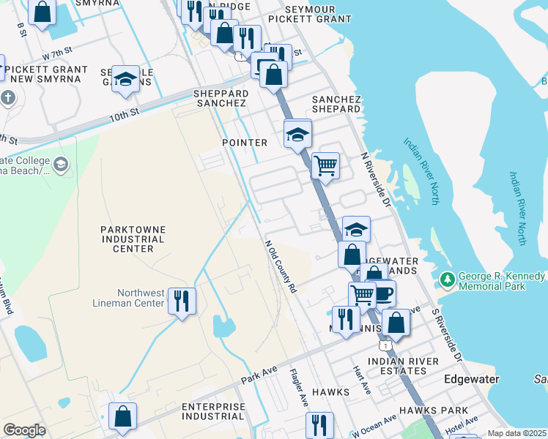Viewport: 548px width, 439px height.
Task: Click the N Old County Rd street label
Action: tap(280, 268)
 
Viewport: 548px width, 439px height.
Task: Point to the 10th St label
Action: tap(124, 115)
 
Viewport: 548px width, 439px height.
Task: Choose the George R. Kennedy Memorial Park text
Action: tap(502, 282)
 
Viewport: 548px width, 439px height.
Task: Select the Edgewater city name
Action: tap(472, 380)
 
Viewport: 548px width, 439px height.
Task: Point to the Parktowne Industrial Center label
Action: tap(133, 239)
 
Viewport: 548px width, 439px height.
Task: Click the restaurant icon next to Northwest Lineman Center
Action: tap(182, 300)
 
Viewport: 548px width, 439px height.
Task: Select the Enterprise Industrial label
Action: tap(213, 411)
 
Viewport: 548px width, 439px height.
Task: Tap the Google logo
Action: tap(24, 430)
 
